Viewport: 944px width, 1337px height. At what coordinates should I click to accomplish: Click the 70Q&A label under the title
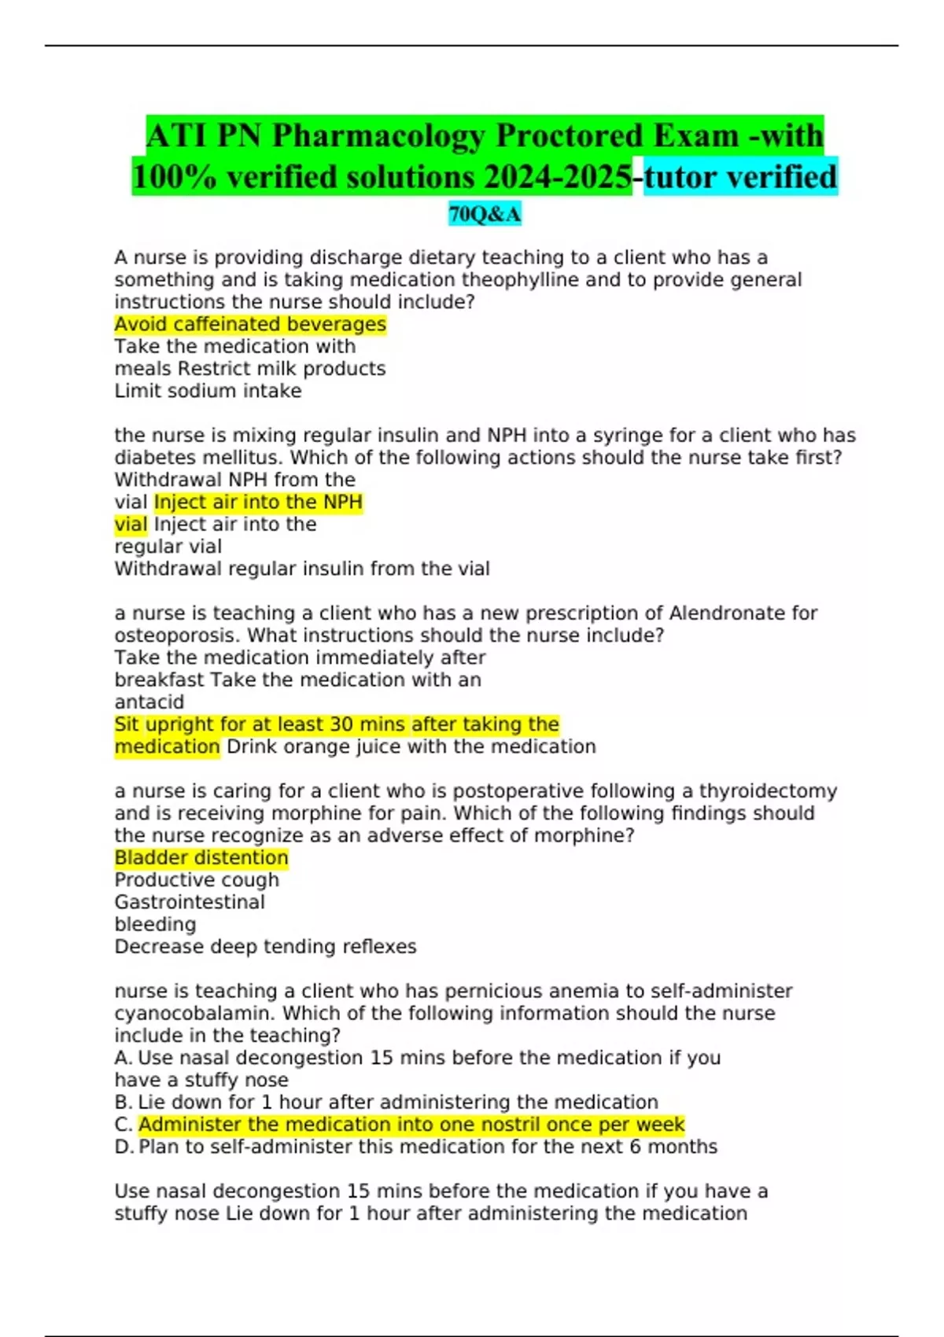click(x=485, y=214)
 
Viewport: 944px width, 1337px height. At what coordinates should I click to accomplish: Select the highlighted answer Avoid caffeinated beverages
click(x=250, y=324)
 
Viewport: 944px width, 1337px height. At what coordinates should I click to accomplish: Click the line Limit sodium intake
click(x=208, y=391)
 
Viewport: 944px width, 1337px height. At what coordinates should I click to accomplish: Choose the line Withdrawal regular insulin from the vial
click(x=302, y=569)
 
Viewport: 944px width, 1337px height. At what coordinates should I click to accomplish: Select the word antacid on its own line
click(x=149, y=702)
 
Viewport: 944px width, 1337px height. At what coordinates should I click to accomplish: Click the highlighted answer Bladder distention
click(x=201, y=858)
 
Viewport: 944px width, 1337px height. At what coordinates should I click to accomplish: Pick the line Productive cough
click(x=197, y=880)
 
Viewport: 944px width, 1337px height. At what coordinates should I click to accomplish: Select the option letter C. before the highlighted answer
click(x=124, y=1125)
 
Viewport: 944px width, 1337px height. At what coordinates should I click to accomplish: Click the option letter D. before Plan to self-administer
click(x=124, y=1147)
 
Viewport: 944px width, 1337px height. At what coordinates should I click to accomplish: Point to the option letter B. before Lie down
click(x=124, y=1103)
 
